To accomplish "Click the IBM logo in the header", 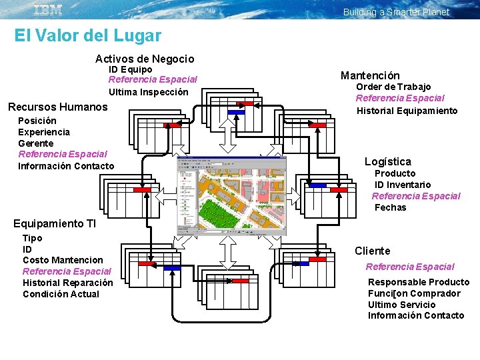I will [x=48, y=9].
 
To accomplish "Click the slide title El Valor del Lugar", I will [x=87, y=35].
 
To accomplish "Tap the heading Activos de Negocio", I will [x=145, y=59].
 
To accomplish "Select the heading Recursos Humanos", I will [x=57, y=107].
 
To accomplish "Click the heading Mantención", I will [x=370, y=75].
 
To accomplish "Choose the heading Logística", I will [x=387, y=161].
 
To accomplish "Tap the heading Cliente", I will [x=372, y=251].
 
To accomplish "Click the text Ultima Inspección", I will [x=149, y=92].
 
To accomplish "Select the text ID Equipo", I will [x=130, y=69].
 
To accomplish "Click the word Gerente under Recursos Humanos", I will [x=36, y=143].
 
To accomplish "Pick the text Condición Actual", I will [x=61, y=294].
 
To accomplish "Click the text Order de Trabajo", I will [x=393, y=87].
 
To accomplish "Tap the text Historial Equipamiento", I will [x=407, y=111].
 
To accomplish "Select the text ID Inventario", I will [x=402, y=185].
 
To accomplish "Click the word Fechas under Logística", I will [x=390, y=207].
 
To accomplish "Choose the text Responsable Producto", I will [x=418, y=282].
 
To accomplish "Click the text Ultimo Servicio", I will [x=401, y=305].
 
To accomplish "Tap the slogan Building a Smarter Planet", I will [x=396, y=12].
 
